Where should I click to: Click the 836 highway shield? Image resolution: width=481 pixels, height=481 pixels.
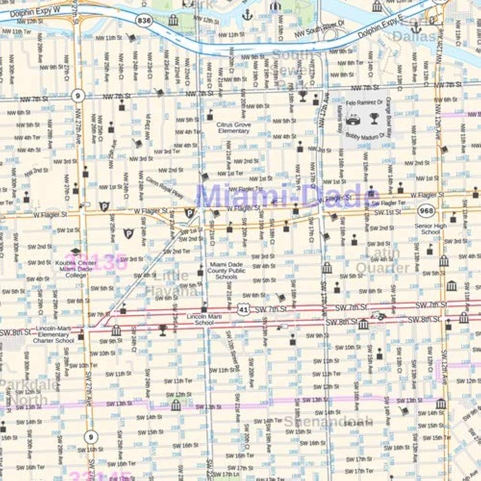[x=143, y=20]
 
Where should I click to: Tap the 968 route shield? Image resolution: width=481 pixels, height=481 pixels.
[x=426, y=211]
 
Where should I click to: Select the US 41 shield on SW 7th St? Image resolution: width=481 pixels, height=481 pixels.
[x=243, y=310]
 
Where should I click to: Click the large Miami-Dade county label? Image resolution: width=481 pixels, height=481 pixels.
[x=288, y=196]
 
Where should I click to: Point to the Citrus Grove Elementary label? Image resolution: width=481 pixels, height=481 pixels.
[x=234, y=127]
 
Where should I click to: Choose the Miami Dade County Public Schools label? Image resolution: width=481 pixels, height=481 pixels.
[x=226, y=271]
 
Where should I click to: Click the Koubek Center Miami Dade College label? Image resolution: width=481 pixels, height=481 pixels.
[x=76, y=269]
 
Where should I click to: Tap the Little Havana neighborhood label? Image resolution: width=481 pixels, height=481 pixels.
[x=170, y=283]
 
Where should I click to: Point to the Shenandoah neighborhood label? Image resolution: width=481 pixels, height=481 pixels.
[x=328, y=422]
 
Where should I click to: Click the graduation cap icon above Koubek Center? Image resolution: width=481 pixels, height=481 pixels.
[x=76, y=251]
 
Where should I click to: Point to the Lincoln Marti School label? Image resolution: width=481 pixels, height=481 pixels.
[x=204, y=319]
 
